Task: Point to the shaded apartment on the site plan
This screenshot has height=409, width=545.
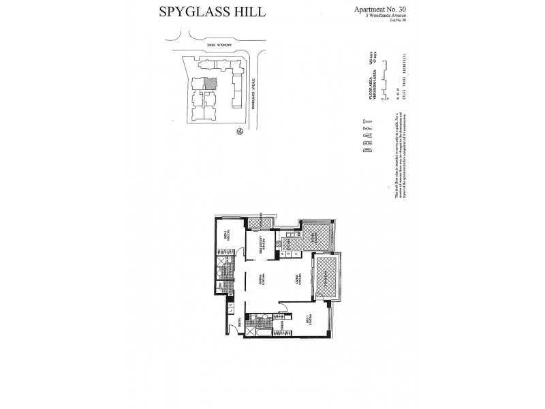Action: tap(211, 82)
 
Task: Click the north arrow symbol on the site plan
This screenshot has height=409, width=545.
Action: tap(238, 132)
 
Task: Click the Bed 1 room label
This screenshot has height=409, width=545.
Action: tap(308, 319)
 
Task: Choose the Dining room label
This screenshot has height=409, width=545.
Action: tap(262, 280)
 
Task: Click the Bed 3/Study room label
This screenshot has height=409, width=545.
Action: tap(262, 245)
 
